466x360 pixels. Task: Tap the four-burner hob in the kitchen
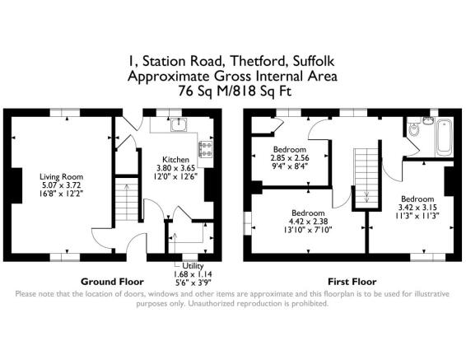click(203, 149)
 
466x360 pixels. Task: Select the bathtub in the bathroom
click(444, 137)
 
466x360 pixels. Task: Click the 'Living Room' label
click(62, 175)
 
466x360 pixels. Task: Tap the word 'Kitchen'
click(176, 159)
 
